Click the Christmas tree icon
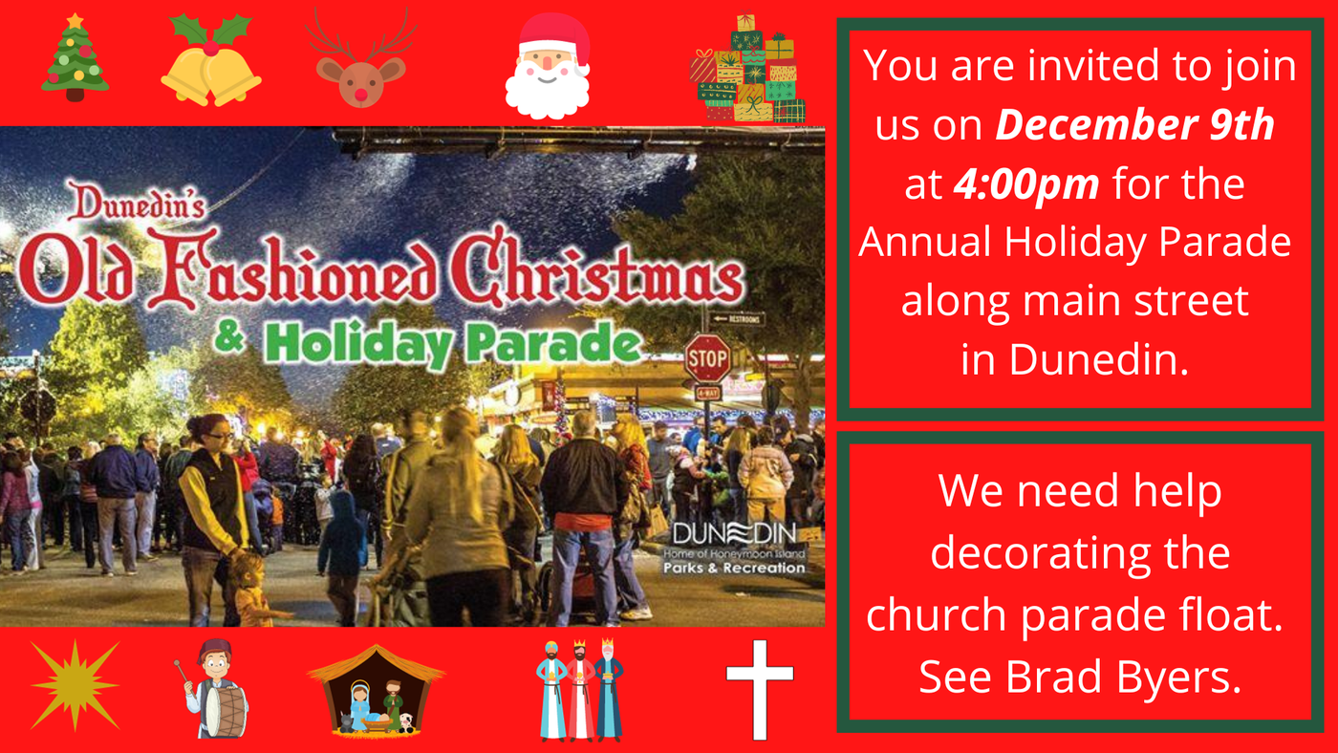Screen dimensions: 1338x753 76,58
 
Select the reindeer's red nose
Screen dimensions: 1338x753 361,95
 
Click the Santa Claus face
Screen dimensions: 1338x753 549,67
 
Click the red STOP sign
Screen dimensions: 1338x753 708,358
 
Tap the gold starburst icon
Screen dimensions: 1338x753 76,685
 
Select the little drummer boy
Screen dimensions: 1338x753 212,689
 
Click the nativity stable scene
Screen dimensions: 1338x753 376,690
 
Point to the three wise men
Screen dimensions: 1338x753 579,690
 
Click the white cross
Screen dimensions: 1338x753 760,690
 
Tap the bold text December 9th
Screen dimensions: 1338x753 1135,125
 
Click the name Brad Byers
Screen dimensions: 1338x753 1123,678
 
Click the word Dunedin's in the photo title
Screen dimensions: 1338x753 136,202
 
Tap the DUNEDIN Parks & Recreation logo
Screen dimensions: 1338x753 735,549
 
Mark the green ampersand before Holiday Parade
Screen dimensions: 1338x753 230,338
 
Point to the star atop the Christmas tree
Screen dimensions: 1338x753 76,21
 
